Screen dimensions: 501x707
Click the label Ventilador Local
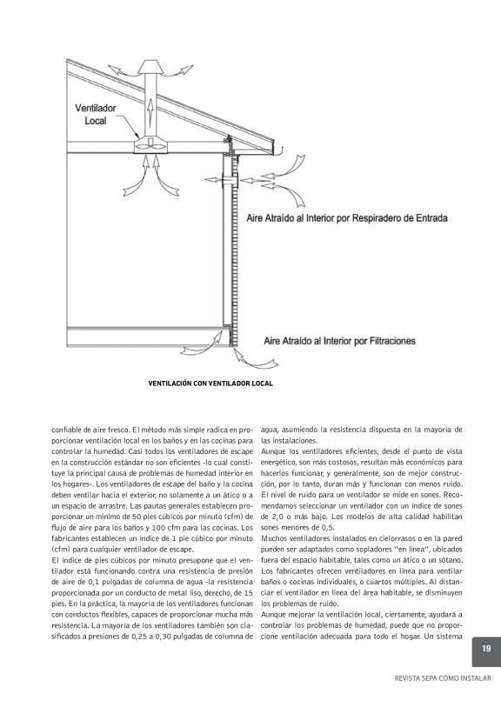point(95,115)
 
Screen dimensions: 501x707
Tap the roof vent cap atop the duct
point(151,67)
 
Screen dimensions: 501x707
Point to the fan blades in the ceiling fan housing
point(150,145)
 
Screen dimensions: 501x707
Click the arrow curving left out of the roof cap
point(122,70)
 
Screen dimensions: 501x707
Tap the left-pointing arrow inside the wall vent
point(216,180)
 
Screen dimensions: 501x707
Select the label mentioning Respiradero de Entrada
point(347,218)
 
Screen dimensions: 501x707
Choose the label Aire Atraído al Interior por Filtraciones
point(339,342)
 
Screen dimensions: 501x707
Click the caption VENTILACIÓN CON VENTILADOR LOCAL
point(210,384)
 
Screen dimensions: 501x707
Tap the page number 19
point(486,649)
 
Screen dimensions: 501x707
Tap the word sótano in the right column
point(451,560)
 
